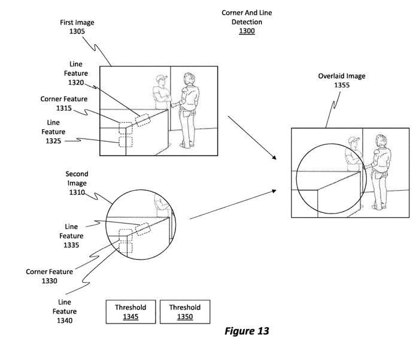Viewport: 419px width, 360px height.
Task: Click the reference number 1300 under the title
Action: [246, 31]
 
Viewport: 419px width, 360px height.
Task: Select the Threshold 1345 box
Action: [130, 312]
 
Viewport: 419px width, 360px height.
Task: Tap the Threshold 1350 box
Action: [184, 312]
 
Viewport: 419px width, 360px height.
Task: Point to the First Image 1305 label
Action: [77, 27]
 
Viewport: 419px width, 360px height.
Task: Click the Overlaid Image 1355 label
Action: [341, 81]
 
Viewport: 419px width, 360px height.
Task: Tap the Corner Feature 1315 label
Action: [63, 103]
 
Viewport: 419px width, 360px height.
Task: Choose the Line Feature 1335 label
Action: [71, 236]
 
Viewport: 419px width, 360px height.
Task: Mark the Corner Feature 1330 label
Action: [49, 276]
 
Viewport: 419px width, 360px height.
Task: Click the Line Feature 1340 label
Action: [65, 312]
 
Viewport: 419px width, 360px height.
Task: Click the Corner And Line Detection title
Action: [247, 17]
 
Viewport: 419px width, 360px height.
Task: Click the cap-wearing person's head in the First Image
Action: [160, 81]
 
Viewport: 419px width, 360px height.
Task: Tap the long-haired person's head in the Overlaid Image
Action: [379, 141]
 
